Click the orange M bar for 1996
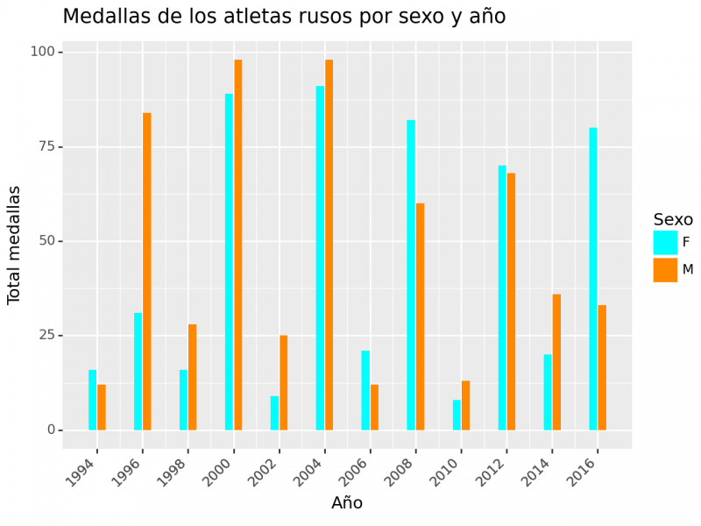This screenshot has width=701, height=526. (x=147, y=271)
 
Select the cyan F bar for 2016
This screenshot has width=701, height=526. (x=593, y=279)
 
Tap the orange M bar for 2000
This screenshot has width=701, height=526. (x=238, y=245)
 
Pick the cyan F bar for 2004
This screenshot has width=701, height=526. (x=320, y=258)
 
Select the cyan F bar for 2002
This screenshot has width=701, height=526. (x=274, y=413)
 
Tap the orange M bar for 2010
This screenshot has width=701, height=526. (x=465, y=405)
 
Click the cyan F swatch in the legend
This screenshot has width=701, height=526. (x=665, y=243)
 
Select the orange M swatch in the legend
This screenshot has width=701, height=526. (x=665, y=270)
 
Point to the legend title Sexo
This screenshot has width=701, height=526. (x=673, y=219)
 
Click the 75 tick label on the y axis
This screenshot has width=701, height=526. (x=45, y=146)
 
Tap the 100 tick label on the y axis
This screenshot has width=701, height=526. (x=41, y=53)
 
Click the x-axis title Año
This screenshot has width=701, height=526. (x=347, y=503)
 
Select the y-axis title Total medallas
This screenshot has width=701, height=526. (x=14, y=245)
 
